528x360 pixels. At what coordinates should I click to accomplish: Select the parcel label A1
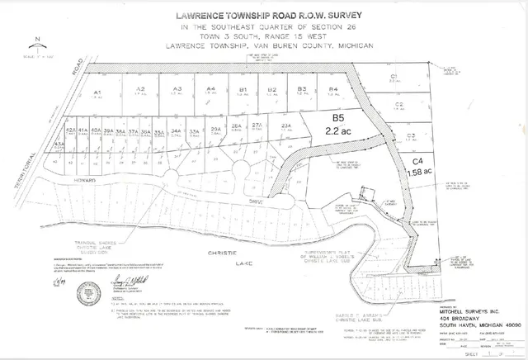97,92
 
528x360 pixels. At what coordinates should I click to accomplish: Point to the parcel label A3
177,89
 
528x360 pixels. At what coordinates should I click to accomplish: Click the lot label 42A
70,130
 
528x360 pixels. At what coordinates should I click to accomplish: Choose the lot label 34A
176,130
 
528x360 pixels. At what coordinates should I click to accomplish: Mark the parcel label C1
394,76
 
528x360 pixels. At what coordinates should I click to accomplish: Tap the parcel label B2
271,88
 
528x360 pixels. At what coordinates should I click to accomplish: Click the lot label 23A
286,126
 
